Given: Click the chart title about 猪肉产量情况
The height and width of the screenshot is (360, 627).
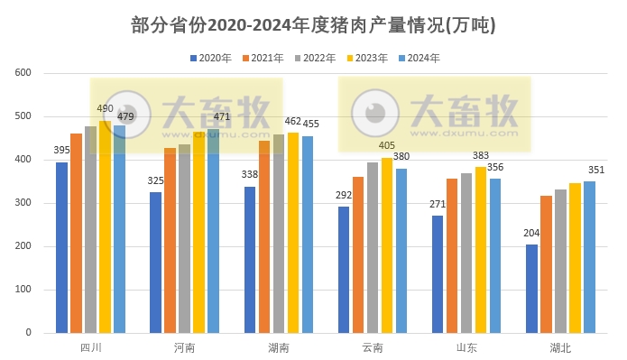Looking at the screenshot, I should (313, 25).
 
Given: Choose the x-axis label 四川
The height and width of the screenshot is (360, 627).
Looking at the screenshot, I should (90, 347).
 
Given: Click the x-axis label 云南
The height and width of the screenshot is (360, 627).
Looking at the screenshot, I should (373, 347).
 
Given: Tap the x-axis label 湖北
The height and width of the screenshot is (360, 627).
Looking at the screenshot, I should (560, 347).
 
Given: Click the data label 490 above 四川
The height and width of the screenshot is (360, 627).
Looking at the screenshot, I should (106, 108).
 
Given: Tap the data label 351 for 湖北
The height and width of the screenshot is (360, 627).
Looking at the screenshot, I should (596, 170).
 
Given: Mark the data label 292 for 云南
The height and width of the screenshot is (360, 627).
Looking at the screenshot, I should (344, 195).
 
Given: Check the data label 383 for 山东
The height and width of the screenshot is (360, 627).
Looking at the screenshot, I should (481, 156).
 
